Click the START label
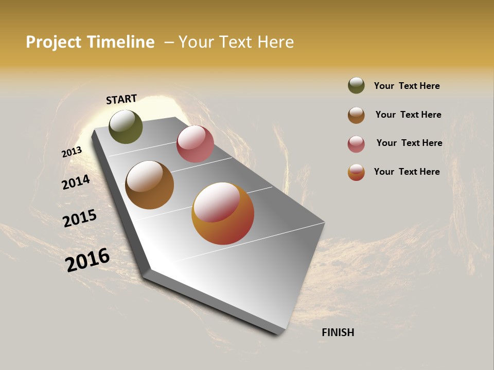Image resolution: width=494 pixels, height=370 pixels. coord(121,99)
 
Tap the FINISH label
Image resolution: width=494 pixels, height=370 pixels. coord(338,332)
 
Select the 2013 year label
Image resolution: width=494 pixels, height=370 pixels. coord(72,152)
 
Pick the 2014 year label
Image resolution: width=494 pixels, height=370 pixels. coord(76,182)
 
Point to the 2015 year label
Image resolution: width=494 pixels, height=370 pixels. coord(80,218)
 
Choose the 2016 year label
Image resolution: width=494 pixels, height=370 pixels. coord(87,260)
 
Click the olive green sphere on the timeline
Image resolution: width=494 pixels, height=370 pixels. coord(126,126)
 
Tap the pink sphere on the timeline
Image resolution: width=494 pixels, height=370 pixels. coord(195,144)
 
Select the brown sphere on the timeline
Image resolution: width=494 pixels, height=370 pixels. coord(149,185)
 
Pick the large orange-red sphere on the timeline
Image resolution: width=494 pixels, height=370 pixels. coord(223,213)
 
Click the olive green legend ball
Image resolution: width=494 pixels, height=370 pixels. coord(356,85)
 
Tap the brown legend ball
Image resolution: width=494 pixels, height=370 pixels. coord(356,115)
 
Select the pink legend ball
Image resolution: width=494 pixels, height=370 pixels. coord(356,144)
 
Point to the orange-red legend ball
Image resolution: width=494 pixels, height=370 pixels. coord(356,172)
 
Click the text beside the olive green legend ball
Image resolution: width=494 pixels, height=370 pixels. coord(407,86)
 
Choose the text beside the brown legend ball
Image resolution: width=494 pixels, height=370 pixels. coord(408,115)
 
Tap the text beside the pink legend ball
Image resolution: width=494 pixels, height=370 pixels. coord(409,143)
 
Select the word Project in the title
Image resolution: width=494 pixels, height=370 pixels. coord(54,42)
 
